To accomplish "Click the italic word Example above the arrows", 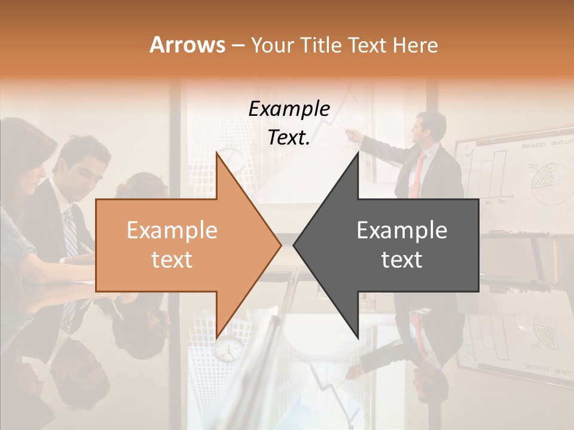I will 289,109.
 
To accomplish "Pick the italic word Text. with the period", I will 289,137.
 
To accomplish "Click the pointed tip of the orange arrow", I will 280,244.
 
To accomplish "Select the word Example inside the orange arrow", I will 172,231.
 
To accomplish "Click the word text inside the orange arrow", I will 172,259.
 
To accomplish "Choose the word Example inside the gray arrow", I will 402,231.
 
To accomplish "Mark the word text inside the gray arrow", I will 402,259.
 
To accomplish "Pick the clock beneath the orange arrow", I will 228,349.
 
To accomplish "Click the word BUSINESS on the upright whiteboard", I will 533,146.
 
